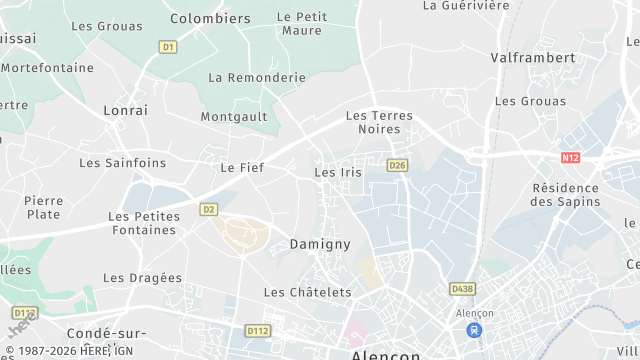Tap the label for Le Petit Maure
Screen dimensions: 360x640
[301, 23]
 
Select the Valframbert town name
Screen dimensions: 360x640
[533, 58]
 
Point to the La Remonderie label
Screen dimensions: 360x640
[256, 77]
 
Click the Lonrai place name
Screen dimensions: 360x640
[125, 111]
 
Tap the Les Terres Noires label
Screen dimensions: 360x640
[379, 123]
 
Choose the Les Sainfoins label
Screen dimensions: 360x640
[123, 162]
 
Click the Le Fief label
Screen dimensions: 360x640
[242, 167]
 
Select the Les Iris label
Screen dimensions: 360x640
[338, 172]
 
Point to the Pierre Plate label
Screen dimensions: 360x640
[43, 207]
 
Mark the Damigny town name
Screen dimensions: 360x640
[320, 243]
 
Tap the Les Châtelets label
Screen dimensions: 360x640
[307, 292]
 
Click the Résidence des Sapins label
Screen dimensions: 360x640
[566, 194]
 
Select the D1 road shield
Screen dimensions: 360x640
[168, 47]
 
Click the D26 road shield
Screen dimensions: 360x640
[398, 165]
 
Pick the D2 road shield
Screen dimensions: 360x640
[208, 209]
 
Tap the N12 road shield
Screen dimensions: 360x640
[571, 157]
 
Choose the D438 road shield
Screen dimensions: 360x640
[462, 289]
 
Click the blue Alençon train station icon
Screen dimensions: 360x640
[474, 329]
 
